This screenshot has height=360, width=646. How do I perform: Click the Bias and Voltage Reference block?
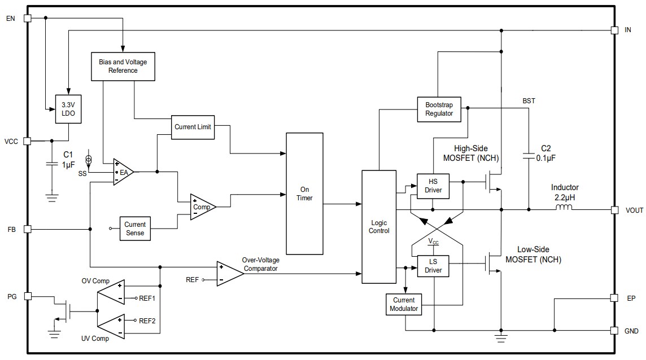(x=123, y=66)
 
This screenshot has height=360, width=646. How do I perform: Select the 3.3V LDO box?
(x=68, y=109)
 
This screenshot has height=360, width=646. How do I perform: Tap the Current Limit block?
(x=193, y=127)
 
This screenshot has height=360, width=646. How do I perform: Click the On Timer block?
(x=305, y=194)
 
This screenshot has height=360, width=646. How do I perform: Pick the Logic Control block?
(x=379, y=226)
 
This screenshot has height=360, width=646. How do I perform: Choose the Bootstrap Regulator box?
(x=439, y=109)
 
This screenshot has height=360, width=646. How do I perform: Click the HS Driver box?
(x=433, y=186)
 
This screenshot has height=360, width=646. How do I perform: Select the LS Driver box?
(x=433, y=266)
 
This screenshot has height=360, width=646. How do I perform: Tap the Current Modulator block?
(x=404, y=304)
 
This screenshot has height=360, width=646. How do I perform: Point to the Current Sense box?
(x=135, y=229)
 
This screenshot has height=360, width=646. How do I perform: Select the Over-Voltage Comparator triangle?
(x=229, y=274)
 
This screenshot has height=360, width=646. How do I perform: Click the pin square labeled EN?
(x=27, y=18)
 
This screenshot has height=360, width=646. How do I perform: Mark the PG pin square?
(x=27, y=295)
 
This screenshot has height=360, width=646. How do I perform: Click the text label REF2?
(x=147, y=321)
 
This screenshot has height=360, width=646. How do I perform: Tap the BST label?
(x=529, y=101)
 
